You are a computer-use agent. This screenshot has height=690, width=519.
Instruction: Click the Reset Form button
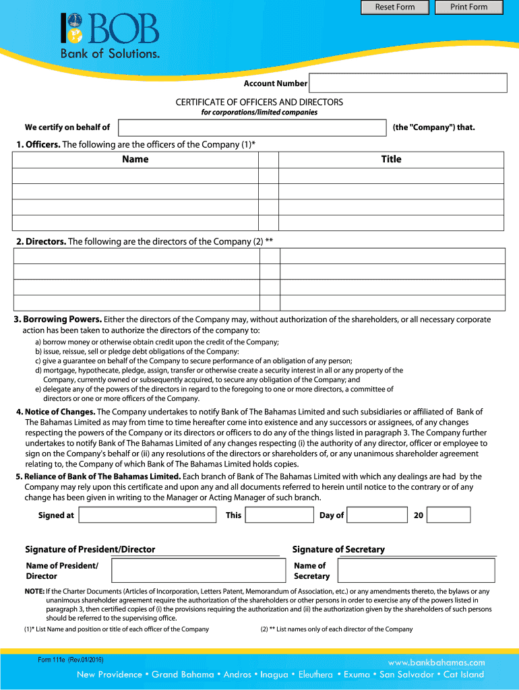pyautogui.click(x=395, y=7)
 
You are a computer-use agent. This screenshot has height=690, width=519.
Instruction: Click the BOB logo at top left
pyautogui.click(x=111, y=36)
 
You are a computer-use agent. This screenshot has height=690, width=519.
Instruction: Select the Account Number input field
pyautogui.click(x=408, y=83)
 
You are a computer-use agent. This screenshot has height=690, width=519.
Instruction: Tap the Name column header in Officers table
pyautogui.click(x=135, y=160)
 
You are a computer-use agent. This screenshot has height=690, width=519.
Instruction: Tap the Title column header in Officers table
pyautogui.click(x=391, y=160)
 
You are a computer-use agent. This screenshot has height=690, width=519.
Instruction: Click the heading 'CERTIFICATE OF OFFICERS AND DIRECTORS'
pyautogui.click(x=259, y=102)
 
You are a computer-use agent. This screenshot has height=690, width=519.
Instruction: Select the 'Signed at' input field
pyautogui.click(x=148, y=515)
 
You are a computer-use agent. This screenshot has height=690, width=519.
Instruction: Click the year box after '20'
pyautogui.click(x=449, y=515)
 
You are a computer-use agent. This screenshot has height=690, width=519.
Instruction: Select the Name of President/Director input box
pyautogui.click(x=199, y=571)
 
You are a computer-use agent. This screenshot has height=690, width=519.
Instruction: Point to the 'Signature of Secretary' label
pyautogui.click(x=338, y=549)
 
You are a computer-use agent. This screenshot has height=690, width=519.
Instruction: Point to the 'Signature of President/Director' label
pyautogui.click(x=90, y=549)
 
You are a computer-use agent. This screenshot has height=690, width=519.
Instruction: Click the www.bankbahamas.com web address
pyautogui.click(x=436, y=662)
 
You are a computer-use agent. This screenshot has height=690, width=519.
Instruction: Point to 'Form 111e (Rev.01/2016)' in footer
pyautogui.click(x=71, y=660)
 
